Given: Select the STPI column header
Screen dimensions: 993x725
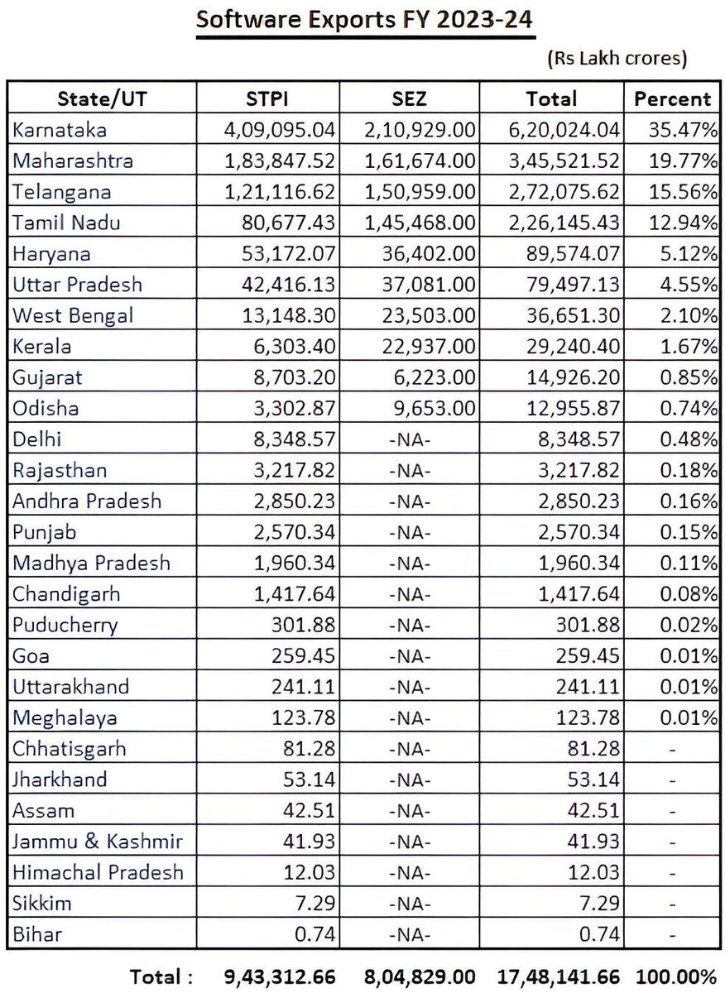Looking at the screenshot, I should (266, 98).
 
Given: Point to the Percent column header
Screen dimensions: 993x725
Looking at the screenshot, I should (672, 98).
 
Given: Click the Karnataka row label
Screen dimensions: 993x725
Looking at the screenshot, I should (60, 130).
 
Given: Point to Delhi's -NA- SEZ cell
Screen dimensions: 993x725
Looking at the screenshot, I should (409, 439).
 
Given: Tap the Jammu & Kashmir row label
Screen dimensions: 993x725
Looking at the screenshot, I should (98, 842).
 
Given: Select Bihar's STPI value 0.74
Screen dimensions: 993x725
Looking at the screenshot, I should (318, 934).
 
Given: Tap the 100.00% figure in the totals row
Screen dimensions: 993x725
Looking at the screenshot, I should (675, 976).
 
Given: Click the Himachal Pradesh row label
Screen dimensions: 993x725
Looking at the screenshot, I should (98, 872).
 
